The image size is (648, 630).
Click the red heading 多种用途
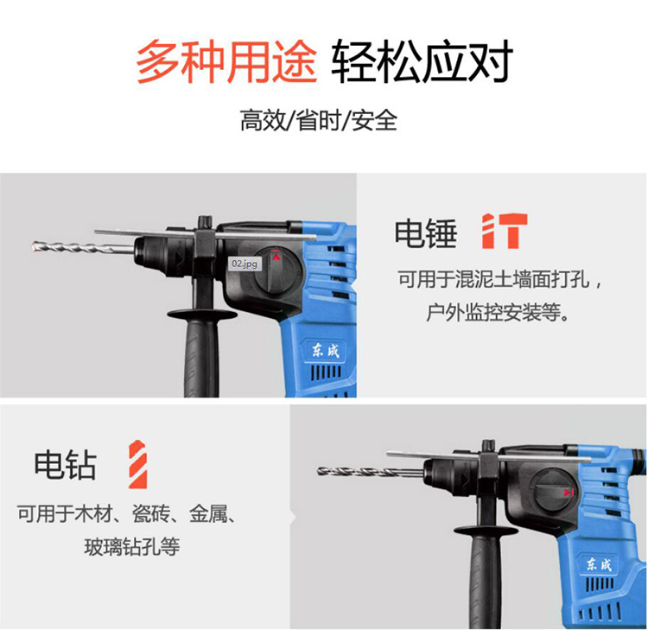tap(226, 62)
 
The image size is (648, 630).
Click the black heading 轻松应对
tap(422, 62)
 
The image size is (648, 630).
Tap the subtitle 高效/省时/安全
tap(319, 120)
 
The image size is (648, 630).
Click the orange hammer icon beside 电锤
tap(505, 231)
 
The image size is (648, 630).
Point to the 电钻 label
tap(66, 465)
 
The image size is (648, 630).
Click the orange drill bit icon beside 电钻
tap(137, 465)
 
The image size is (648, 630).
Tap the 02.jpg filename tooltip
tap(245, 264)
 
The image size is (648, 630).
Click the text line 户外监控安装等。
tap(498, 312)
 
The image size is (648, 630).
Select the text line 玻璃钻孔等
tap(132, 546)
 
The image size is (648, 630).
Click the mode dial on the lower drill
tap(555, 491)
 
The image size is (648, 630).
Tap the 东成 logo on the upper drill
tap(325, 352)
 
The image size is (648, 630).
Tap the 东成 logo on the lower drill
tap(599, 564)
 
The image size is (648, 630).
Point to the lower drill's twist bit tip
tap(319, 470)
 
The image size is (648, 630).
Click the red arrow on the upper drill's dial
tap(276, 257)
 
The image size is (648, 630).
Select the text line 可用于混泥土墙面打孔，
tap(499, 279)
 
